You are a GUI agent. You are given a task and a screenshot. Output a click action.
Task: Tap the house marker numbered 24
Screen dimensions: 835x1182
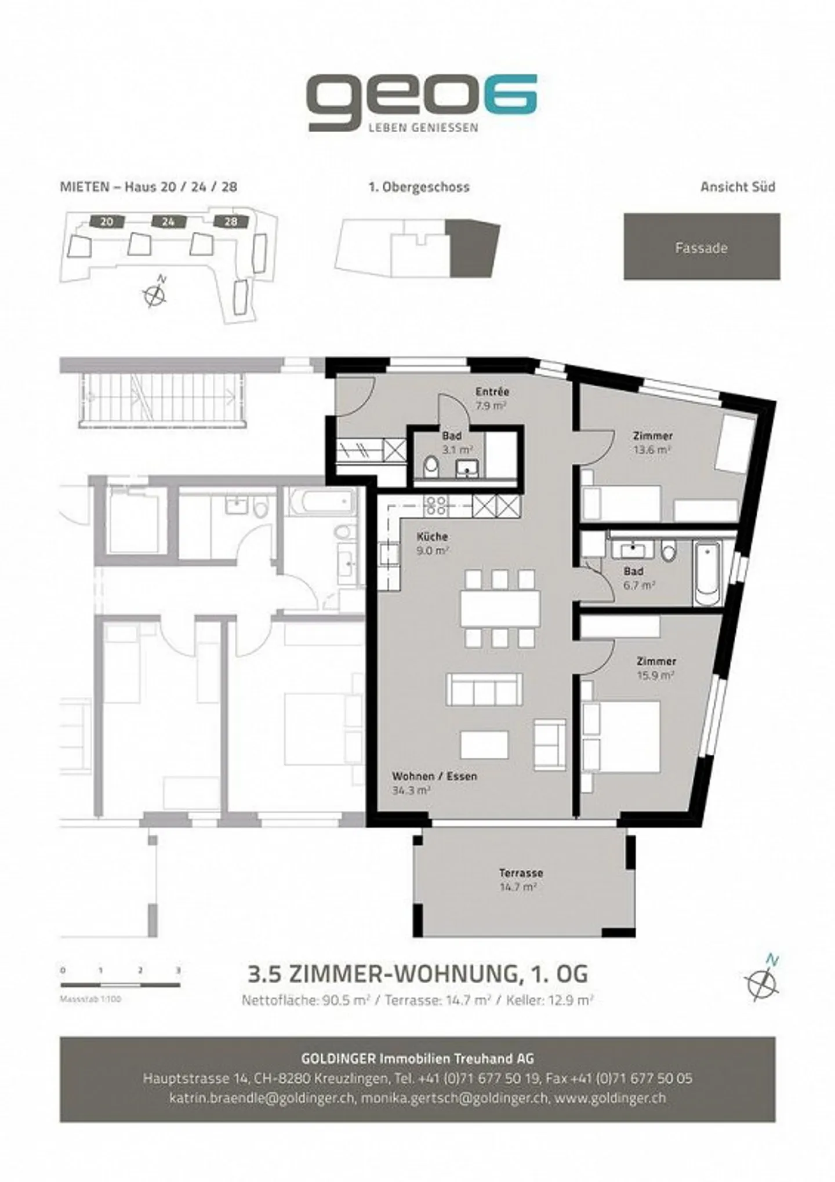pyautogui.click(x=168, y=221)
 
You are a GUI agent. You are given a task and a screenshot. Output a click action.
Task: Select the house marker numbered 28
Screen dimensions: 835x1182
pyautogui.click(x=231, y=221)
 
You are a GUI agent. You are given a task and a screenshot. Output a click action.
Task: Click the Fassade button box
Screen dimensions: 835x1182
pyautogui.click(x=702, y=246)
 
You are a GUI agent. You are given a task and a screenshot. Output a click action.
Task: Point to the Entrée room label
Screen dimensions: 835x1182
pyautogui.click(x=492, y=391)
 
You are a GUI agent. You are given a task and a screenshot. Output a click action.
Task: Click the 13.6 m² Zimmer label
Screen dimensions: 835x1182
pyautogui.click(x=652, y=442)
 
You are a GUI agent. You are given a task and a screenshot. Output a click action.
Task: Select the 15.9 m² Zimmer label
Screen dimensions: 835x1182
pyautogui.click(x=656, y=668)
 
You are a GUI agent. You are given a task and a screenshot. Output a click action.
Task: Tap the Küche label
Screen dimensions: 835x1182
pyautogui.click(x=432, y=536)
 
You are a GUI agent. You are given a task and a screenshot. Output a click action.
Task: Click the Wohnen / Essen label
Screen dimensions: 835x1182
pyautogui.click(x=434, y=776)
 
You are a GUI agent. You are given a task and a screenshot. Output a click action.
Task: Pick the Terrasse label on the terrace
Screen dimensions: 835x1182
pyautogui.click(x=521, y=872)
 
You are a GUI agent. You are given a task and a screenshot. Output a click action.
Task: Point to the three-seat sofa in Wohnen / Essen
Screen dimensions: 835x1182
pyautogui.click(x=484, y=689)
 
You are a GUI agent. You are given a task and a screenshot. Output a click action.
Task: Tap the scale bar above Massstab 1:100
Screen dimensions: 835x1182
pyautogui.click(x=120, y=985)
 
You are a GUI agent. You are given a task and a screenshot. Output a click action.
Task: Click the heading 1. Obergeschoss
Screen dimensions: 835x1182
pyautogui.click(x=419, y=187)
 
